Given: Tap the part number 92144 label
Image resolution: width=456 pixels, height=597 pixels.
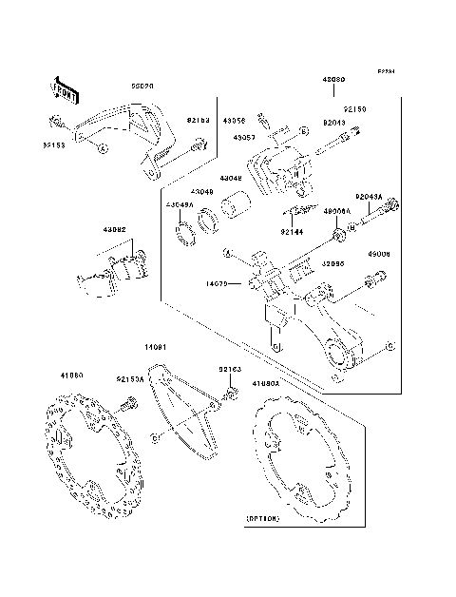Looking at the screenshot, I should click(x=292, y=230).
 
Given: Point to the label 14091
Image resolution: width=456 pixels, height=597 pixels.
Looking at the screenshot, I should click(x=157, y=348).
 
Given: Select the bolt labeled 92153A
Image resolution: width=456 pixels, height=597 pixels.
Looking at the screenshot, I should click(x=123, y=405).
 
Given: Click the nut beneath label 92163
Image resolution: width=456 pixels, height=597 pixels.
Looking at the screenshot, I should click(x=230, y=392).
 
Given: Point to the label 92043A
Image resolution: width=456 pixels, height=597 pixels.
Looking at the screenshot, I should click(x=369, y=197).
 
